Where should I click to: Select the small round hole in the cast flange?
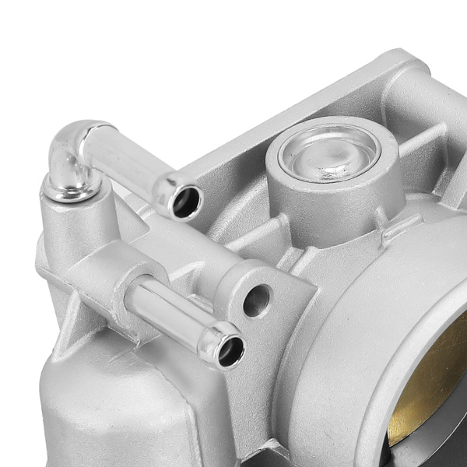pyautogui.click(x=257, y=300)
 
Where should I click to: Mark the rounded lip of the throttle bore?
pyautogui.click(x=366, y=327)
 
